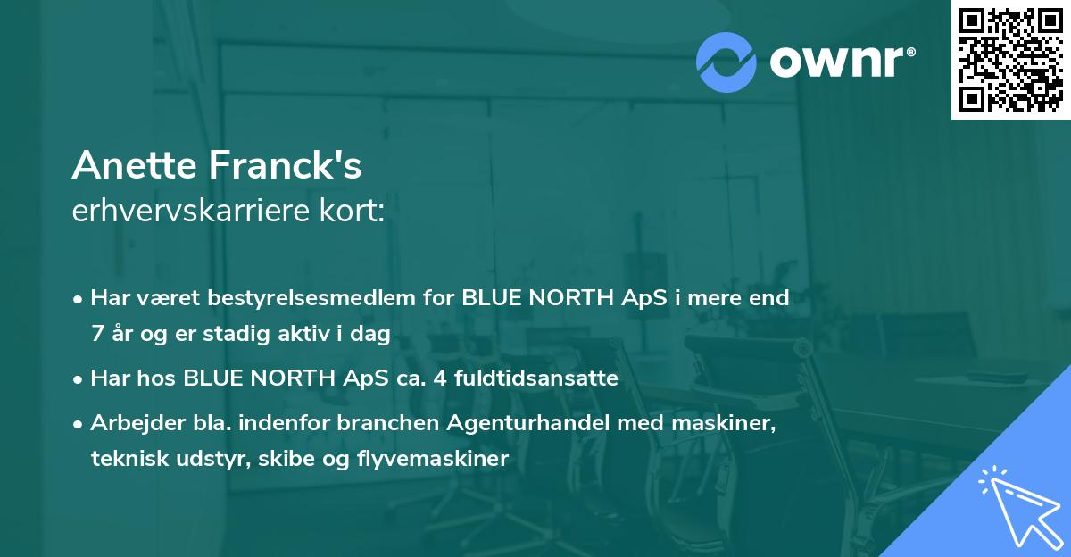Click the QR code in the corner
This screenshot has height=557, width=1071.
click(x=1011, y=59)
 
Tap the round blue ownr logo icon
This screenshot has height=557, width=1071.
click(x=726, y=62)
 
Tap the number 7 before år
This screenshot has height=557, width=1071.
click(x=96, y=334)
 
